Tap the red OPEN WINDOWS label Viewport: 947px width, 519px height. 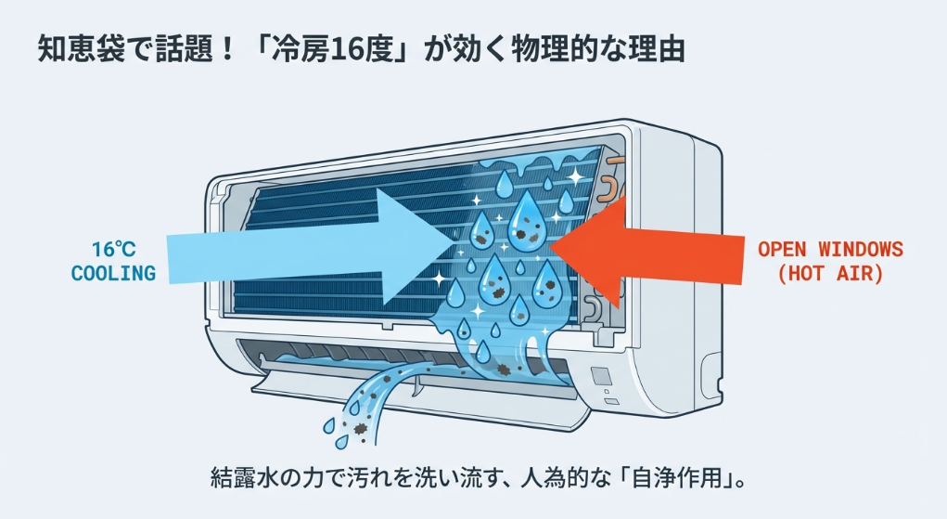tap(830, 249)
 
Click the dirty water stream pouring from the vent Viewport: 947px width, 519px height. tap(371, 399)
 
